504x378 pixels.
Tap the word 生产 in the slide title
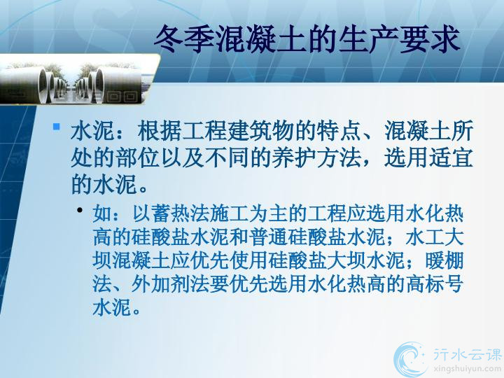(368, 39)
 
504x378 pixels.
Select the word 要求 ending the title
(430, 39)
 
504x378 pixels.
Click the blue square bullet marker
(57, 126)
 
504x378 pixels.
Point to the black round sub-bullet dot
(80, 211)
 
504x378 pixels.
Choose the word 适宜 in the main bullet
(451, 157)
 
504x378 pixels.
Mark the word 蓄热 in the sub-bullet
(171, 213)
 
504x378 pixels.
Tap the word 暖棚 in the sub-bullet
(444, 260)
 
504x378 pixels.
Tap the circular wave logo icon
(409, 359)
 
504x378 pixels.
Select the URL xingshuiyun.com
(468, 369)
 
